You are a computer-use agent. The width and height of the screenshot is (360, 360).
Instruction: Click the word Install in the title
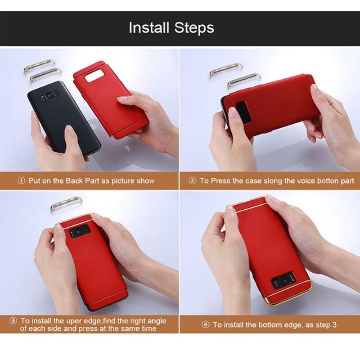click(x=149, y=28)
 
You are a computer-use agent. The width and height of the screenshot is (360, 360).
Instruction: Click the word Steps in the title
click(x=194, y=28)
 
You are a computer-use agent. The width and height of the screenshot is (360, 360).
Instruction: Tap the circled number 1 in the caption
click(x=21, y=181)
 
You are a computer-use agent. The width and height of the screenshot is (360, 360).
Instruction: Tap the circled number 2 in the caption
click(x=192, y=181)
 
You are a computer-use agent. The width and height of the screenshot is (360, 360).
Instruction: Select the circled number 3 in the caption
click(x=13, y=320)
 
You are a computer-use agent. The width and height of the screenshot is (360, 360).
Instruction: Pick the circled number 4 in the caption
click(x=206, y=324)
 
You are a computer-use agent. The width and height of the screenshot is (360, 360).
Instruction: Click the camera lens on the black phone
click(x=49, y=95)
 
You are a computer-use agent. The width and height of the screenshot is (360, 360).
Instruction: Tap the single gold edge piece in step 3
click(x=66, y=204)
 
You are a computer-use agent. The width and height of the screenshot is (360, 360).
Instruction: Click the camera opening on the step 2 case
click(x=243, y=112)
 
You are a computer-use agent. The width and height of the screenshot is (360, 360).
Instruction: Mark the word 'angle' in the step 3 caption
click(x=156, y=321)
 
